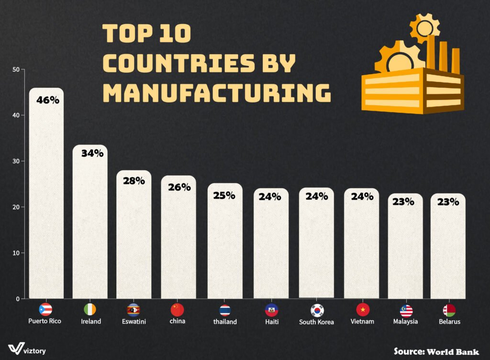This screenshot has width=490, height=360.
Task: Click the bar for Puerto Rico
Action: point(46,201)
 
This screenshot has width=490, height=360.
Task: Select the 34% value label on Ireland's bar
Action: point(92,154)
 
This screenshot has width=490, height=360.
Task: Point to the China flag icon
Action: point(178,310)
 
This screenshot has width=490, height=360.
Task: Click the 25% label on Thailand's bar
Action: point(224,195)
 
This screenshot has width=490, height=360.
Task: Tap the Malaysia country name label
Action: point(406,322)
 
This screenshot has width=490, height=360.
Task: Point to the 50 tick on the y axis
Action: point(16,69)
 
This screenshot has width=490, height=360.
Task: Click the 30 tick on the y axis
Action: point(16,161)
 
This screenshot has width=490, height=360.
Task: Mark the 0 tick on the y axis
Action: point(17,299)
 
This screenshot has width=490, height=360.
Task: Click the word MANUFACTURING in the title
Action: point(217,93)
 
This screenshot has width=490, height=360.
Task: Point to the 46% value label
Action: point(48,101)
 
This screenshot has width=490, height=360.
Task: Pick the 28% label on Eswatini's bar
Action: point(134,181)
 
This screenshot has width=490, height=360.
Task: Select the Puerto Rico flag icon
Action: point(45,310)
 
